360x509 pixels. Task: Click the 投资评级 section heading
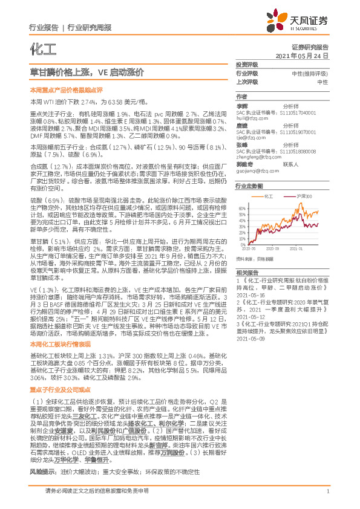coord(246,64)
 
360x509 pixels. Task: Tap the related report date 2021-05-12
coord(253,316)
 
